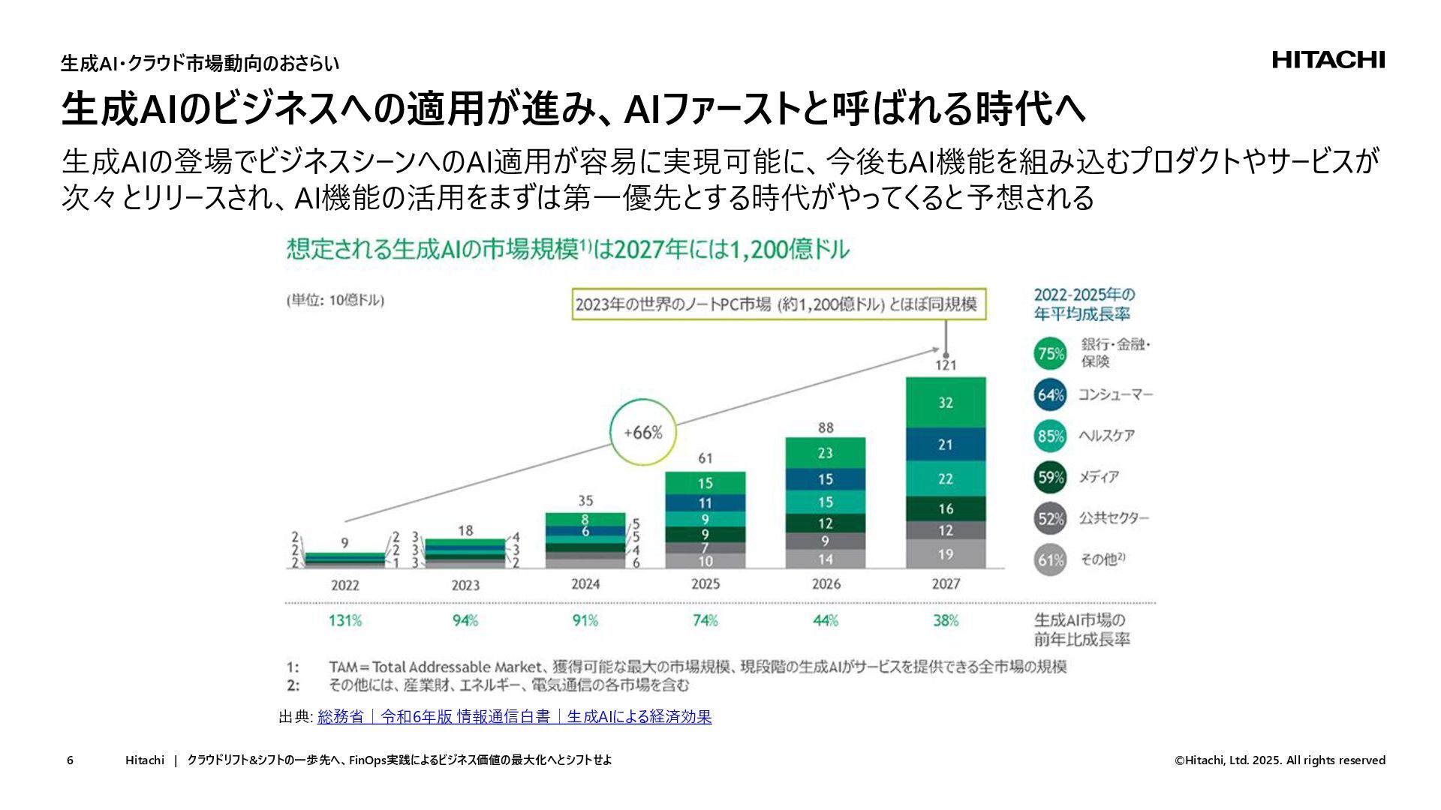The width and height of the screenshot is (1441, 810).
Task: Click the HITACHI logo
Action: point(1328,60)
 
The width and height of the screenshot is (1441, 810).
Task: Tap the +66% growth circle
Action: point(643,433)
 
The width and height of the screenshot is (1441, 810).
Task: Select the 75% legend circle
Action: point(1050,353)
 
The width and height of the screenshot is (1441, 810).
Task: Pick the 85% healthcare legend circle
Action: point(1050,436)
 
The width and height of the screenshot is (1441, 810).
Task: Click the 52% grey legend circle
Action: point(1050,518)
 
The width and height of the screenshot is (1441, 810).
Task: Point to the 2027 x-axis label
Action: point(946,584)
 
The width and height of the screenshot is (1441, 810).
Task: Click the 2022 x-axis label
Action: point(345,585)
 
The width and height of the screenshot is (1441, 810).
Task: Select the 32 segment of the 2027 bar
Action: point(946,403)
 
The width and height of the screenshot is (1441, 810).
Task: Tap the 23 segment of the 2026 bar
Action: point(826,453)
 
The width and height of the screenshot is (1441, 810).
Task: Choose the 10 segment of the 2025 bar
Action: point(705,561)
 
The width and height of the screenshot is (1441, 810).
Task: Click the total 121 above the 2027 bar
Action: point(946,365)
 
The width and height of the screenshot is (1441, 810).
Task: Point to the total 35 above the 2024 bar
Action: point(585,500)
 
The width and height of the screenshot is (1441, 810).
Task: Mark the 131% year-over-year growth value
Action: point(345,620)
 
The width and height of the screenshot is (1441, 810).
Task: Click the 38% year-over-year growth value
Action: point(946,620)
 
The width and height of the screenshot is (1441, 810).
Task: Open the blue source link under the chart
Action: point(514,717)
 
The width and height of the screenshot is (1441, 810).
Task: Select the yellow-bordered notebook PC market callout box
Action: point(777,304)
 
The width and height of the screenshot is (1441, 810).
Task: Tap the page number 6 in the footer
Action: point(70,760)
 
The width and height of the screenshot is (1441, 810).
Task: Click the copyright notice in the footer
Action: point(1280,760)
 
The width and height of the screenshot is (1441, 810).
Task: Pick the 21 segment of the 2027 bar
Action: point(946,445)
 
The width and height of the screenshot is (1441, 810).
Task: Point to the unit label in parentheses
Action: point(335,300)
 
